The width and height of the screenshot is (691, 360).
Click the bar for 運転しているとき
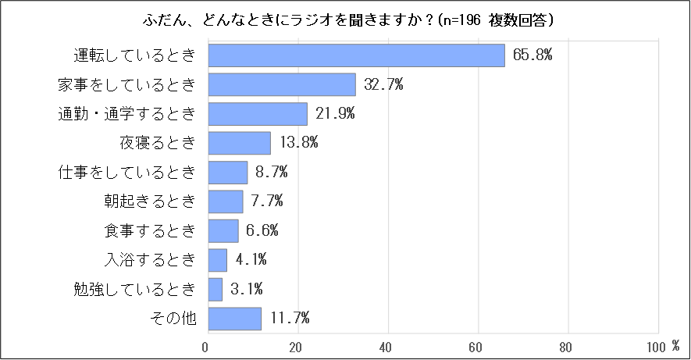click(357, 55)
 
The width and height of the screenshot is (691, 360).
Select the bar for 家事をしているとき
click(282, 84)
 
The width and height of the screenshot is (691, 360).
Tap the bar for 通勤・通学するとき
click(258, 114)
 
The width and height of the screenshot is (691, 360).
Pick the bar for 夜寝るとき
click(240, 143)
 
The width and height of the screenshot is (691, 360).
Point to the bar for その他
click(235, 318)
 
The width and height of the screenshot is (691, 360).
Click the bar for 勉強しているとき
click(215, 289)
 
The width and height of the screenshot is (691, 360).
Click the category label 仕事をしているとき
click(126, 173)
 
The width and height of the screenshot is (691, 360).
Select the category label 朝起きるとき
click(149, 201)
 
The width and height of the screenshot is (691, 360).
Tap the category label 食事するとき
click(149, 230)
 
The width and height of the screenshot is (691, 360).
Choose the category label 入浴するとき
click(149, 259)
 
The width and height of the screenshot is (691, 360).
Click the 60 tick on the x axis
click(476, 346)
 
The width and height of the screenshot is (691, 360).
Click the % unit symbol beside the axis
click(676, 344)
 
